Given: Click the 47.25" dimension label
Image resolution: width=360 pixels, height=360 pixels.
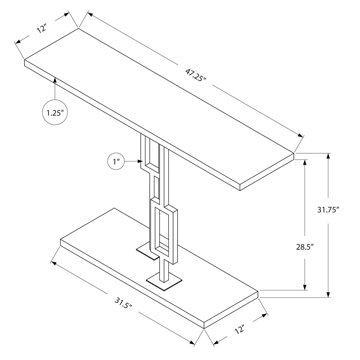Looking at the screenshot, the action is [x=196, y=75].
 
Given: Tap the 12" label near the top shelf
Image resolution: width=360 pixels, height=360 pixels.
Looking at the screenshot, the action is [x=41, y=29].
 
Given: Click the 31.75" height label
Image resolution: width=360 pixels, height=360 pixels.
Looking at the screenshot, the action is [x=328, y=210].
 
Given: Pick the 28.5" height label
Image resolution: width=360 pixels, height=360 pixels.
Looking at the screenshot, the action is [x=304, y=247].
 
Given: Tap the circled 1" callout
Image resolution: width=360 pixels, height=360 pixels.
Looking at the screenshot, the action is [x=116, y=161].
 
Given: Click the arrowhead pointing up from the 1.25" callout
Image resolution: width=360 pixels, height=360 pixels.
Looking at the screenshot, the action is [x=55, y=80].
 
